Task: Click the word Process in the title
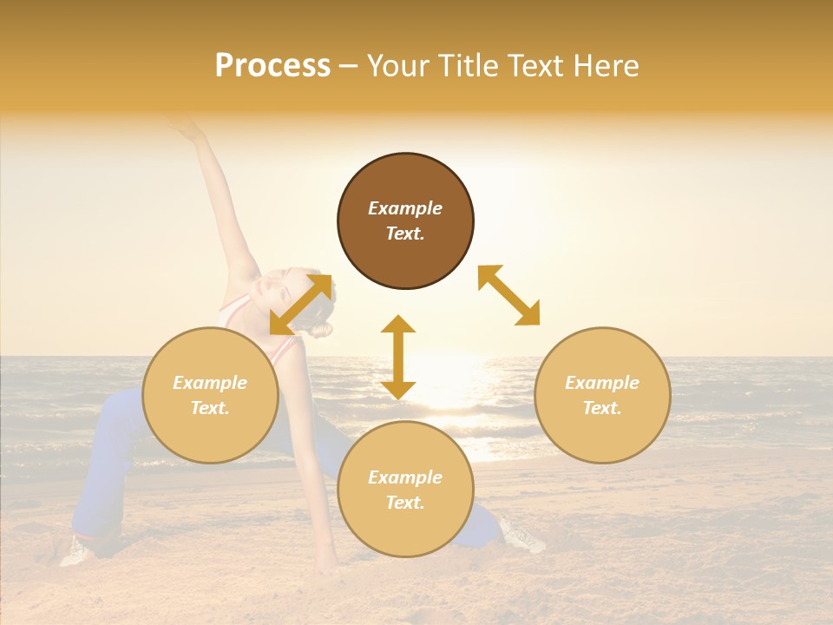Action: click(272, 66)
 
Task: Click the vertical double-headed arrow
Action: click(398, 357)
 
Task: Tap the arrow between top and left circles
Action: click(301, 304)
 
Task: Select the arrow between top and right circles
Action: click(509, 295)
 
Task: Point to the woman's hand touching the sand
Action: click(326, 568)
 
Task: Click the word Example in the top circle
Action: click(405, 208)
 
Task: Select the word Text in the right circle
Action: click(600, 408)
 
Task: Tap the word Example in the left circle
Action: click(210, 383)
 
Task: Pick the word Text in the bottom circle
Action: click(403, 503)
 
